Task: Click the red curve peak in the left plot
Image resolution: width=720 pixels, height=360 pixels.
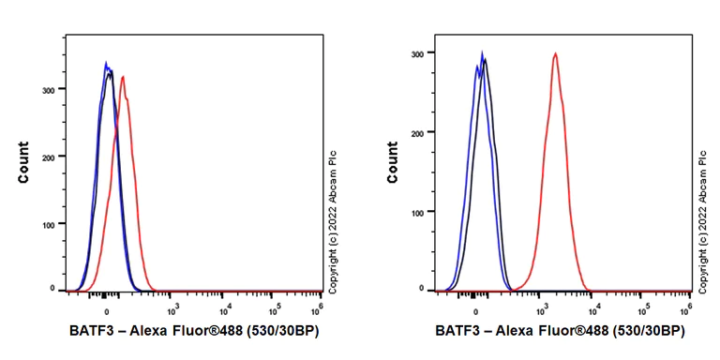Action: tap(123, 78)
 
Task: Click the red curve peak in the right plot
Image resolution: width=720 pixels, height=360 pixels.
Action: tap(555, 54)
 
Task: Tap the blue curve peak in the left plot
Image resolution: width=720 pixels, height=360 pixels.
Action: tap(106, 64)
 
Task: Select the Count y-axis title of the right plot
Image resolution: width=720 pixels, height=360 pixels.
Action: tap(392, 162)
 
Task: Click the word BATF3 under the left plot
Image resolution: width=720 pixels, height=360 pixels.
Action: tap(91, 331)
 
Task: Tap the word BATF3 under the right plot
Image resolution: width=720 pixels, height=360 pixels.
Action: tap(458, 331)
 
